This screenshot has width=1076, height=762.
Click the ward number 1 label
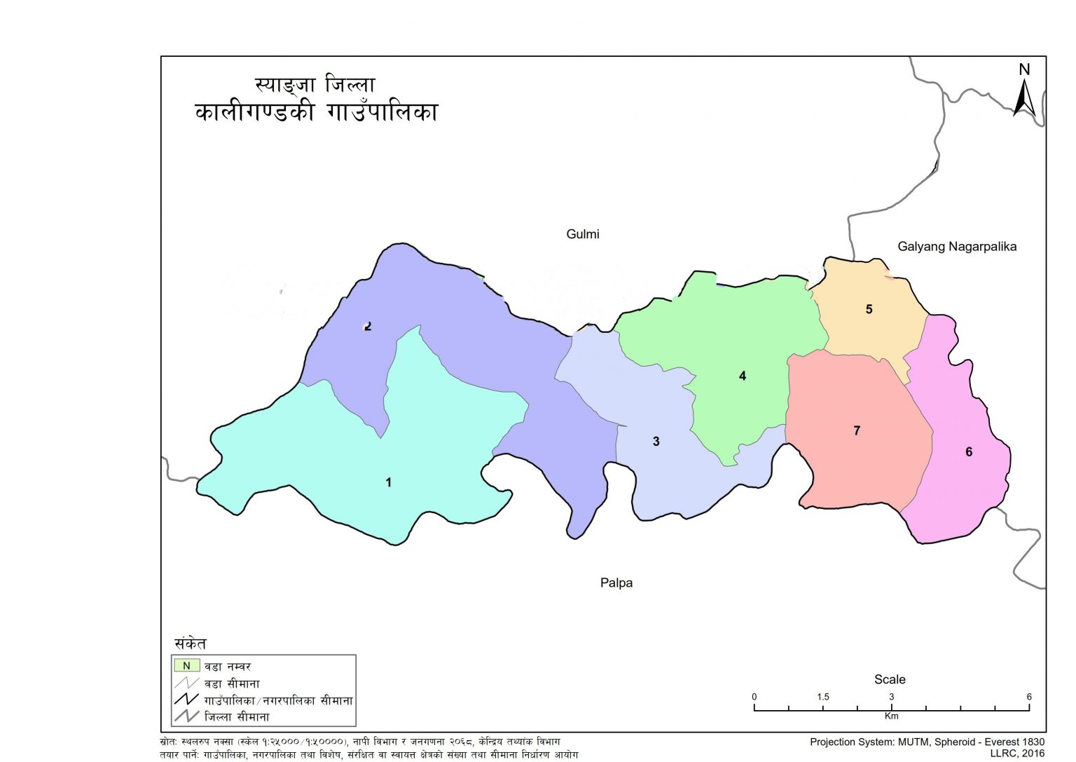coord(388,482)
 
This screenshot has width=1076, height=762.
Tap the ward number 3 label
coord(656,441)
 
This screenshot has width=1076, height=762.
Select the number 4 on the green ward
coord(743,376)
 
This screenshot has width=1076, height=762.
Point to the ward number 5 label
coord(869,309)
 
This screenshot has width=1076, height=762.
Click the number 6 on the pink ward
coord(969,452)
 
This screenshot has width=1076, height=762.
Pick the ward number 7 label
coord(857,430)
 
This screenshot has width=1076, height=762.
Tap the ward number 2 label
coord(368,326)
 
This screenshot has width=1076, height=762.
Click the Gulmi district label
coord(582,234)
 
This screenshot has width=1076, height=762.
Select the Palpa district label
coord(616,583)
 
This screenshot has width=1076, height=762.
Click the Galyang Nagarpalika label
coord(957,246)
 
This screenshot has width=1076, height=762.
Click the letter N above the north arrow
coord(1024,69)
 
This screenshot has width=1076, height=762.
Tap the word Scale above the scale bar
coord(890,679)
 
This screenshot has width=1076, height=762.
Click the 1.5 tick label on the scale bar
coord(822,697)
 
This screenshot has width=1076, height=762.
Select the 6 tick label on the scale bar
coord(1029,697)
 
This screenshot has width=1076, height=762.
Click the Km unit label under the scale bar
coord(891,716)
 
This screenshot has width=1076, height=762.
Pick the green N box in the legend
coord(187,665)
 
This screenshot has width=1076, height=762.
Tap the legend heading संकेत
coord(191,643)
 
